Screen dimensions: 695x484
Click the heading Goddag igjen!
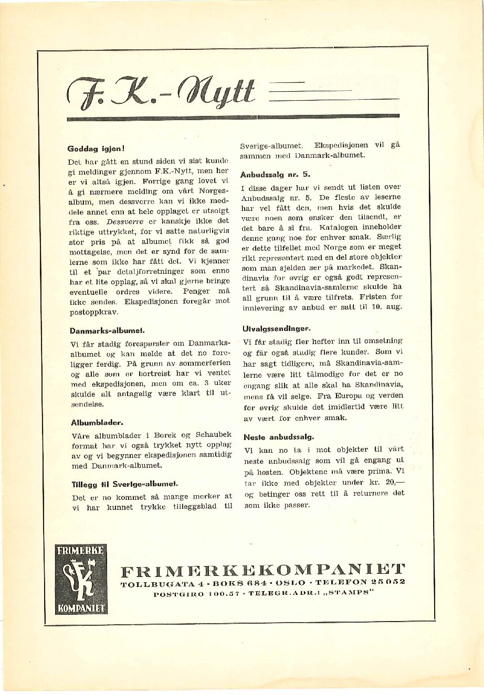96,148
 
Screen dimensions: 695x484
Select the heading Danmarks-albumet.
107,331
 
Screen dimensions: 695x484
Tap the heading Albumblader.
97,422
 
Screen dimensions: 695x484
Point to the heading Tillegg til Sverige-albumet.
124,484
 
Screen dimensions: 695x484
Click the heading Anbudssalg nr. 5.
275,174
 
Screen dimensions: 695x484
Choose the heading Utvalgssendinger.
276,328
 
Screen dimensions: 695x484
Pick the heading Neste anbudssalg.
278,437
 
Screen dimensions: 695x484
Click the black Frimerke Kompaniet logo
81,579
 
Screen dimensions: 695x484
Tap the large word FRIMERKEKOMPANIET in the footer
262,570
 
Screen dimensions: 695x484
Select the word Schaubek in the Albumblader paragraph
214,435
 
